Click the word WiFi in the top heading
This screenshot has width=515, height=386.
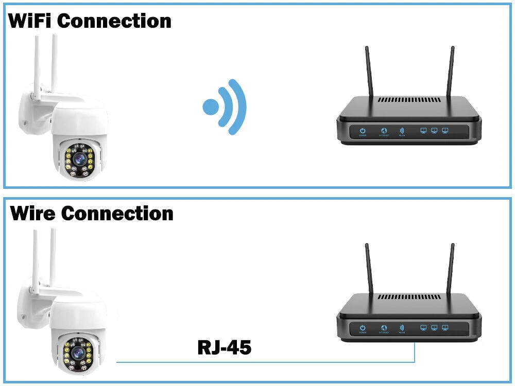click(x=29, y=21)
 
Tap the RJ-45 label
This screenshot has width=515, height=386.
click(x=224, y=348)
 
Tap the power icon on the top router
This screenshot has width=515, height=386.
click(x=363, y=131)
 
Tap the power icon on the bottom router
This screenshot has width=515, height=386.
click(x=363, y=327)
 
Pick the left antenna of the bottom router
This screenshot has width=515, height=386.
click(x=369, y=270)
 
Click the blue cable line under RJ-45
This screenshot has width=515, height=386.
click(x=257, y=362)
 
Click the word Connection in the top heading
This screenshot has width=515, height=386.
click(x=114, y=21)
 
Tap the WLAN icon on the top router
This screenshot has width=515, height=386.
click(x=402, y=131)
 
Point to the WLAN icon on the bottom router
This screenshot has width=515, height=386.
click(x=402, y=327)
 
